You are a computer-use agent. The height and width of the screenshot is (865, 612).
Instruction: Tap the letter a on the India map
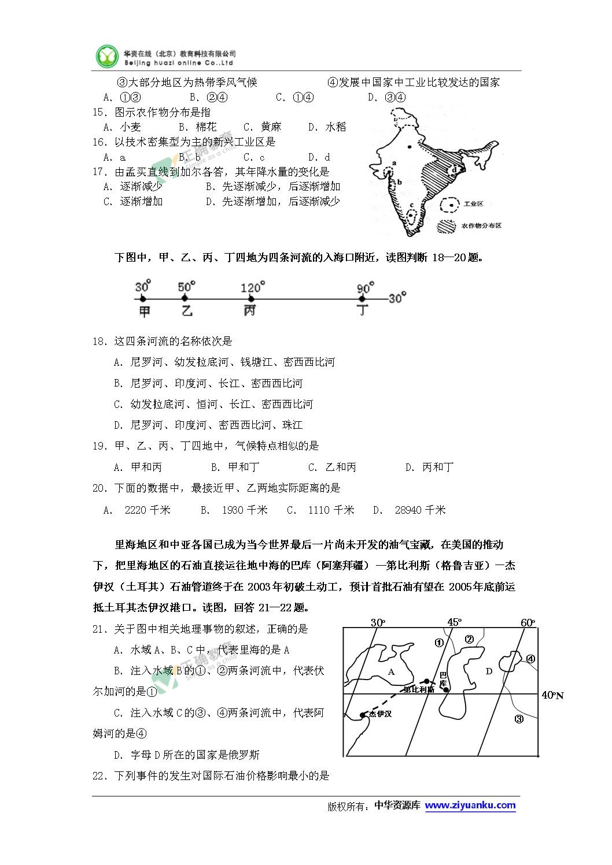393,164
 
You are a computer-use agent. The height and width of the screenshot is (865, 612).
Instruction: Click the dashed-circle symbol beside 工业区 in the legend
449,204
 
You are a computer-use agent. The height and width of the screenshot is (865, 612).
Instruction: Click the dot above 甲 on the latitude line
143,298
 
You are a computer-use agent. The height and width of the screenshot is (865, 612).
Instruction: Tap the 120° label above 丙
253,286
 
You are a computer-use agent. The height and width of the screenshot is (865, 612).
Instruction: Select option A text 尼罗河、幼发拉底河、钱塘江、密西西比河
233,362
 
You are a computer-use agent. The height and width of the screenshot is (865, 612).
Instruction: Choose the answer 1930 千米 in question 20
245,510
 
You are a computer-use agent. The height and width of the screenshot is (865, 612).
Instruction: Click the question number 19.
99,446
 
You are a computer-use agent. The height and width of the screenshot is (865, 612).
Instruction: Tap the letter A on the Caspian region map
391,671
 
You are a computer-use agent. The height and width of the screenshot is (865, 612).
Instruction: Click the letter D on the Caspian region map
488,671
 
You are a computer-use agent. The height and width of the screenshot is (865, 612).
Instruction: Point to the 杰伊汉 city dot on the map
363,715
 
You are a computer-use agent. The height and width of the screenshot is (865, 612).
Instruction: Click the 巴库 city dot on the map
446,689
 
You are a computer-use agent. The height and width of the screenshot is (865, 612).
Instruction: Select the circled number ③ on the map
519,719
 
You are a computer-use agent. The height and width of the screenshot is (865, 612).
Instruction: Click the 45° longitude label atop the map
454,622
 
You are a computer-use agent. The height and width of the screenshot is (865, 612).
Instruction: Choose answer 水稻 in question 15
336,127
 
